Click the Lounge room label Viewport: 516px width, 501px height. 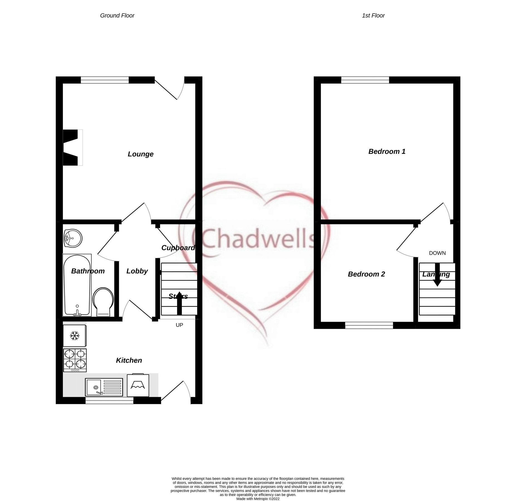pyautogui.click(x=140, y=154)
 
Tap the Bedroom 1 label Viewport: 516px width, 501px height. pyautogui.click(x=387, y=151)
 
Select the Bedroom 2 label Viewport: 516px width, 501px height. pyautogui.click(x=366, y=274)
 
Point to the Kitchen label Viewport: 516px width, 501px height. pyautogui.click(x=129, y=360)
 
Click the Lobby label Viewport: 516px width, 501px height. pyautogui.click(x=137, y=271)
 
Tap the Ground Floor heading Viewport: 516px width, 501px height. pyautogui.click(x=117, y=16)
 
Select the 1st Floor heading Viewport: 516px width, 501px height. pyautogui.click(x=373, y=16)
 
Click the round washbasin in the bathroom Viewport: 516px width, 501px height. pyautogui.click(x=73, y=238)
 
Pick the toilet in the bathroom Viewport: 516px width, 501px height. pyautogui.click(x=103, y=302)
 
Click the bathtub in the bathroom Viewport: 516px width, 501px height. pyautogui.click(x=77, y=285)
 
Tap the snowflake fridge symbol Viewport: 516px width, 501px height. pyautogui.click(x=74, y=336)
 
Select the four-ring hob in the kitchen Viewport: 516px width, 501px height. pyautogui.click(x=75, y=360)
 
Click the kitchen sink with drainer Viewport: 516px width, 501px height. pyautogui.click(x=104, y=387)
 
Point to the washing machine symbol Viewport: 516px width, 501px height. pyautogui.click(x=138, y=385)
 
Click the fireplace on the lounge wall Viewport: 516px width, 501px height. pyautogui.click(x=72, y=148)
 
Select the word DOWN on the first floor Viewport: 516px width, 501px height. pyautogui.click(x=437, y=253)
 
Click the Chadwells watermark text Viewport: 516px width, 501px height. pyautogui.click(x=258, y=239)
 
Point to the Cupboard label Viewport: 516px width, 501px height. pyautogui.click(x=178, y=248)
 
